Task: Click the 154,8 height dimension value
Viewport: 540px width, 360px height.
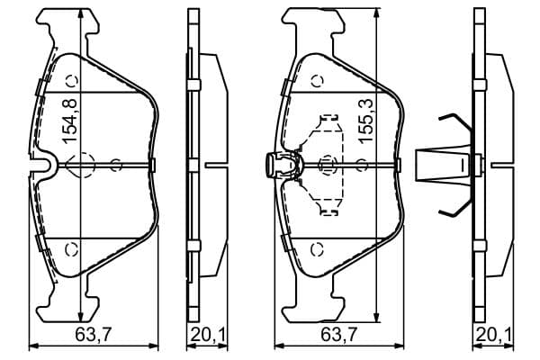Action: [x=69, y=121]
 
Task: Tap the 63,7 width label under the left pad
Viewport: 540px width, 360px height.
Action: [x=93, y=335]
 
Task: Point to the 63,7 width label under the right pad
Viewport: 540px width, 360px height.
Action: [x=339, y=335]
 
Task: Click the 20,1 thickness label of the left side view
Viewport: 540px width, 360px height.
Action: [x=208, y=335]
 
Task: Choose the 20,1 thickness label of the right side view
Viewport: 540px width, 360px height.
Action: [x=494, y=335]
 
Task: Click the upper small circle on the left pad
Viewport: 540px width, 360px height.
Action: [x=72, y=81]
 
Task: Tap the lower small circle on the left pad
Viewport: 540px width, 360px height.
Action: [x=72, y=248]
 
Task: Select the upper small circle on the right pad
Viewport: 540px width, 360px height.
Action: [x=317, y=81]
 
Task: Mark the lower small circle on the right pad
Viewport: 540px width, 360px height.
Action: [x=317, y=248]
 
